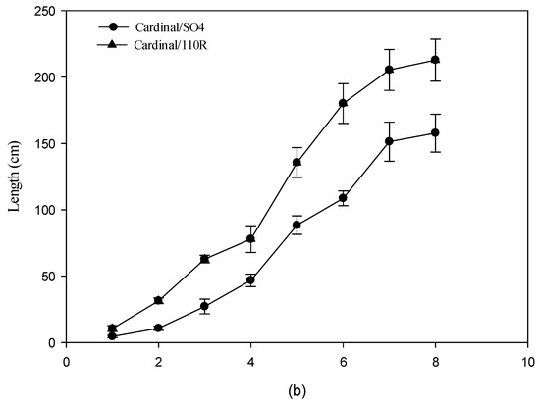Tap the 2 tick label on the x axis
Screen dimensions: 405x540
pos(158,359)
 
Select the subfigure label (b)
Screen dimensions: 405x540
pos(297,390)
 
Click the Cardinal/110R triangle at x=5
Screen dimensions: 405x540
pos(297,162)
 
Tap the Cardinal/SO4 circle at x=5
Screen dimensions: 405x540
pos(297,225)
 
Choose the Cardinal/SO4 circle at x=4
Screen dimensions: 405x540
pos(251,279)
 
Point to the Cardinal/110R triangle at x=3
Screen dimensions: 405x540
pos(204,259)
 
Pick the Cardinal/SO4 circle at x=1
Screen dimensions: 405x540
pos(112,335)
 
